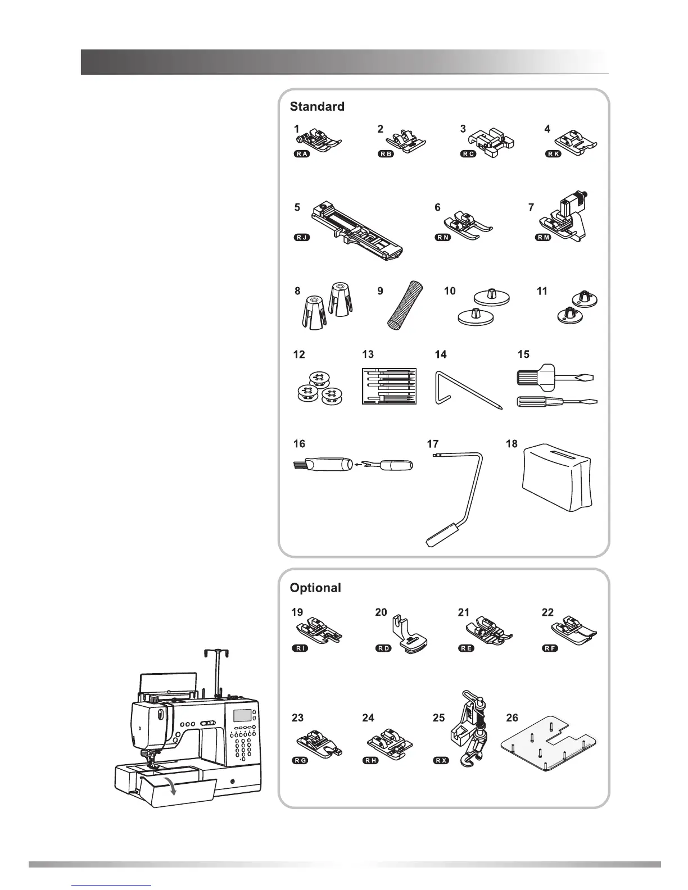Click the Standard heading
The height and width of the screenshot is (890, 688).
pos(317,106)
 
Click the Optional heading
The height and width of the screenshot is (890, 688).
pos(315,588)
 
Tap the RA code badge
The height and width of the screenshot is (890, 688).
pos(302,154)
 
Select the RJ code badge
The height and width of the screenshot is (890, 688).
pos(302,237)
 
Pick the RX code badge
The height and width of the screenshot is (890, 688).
pos(441,761)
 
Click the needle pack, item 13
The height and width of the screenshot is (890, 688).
pos(388,385)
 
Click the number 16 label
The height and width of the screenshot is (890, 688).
pos(299,444)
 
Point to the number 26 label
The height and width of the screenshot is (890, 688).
pos(512,718)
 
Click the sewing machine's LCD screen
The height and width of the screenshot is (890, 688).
pos(241,715)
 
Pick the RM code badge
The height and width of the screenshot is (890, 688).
pos(543,237)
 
